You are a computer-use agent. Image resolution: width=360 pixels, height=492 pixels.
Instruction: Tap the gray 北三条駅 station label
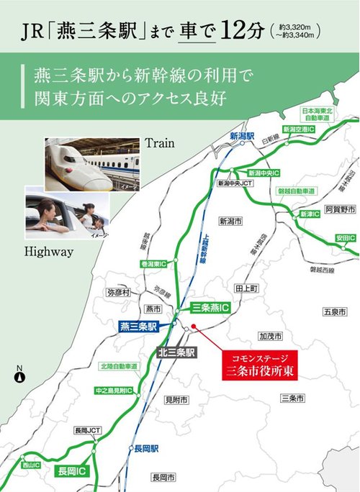pos(176,352)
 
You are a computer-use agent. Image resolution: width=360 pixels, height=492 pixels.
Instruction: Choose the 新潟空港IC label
pos(299,128)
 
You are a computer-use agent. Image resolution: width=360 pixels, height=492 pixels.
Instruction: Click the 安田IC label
pos(345,237)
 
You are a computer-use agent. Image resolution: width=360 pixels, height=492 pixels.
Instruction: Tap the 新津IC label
pos(310,214)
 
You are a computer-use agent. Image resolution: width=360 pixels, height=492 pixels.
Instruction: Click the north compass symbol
pos(20,375)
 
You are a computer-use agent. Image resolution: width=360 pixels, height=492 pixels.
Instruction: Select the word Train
pos(160,143)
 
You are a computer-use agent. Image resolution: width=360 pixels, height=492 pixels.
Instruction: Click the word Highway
pos(49,252)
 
